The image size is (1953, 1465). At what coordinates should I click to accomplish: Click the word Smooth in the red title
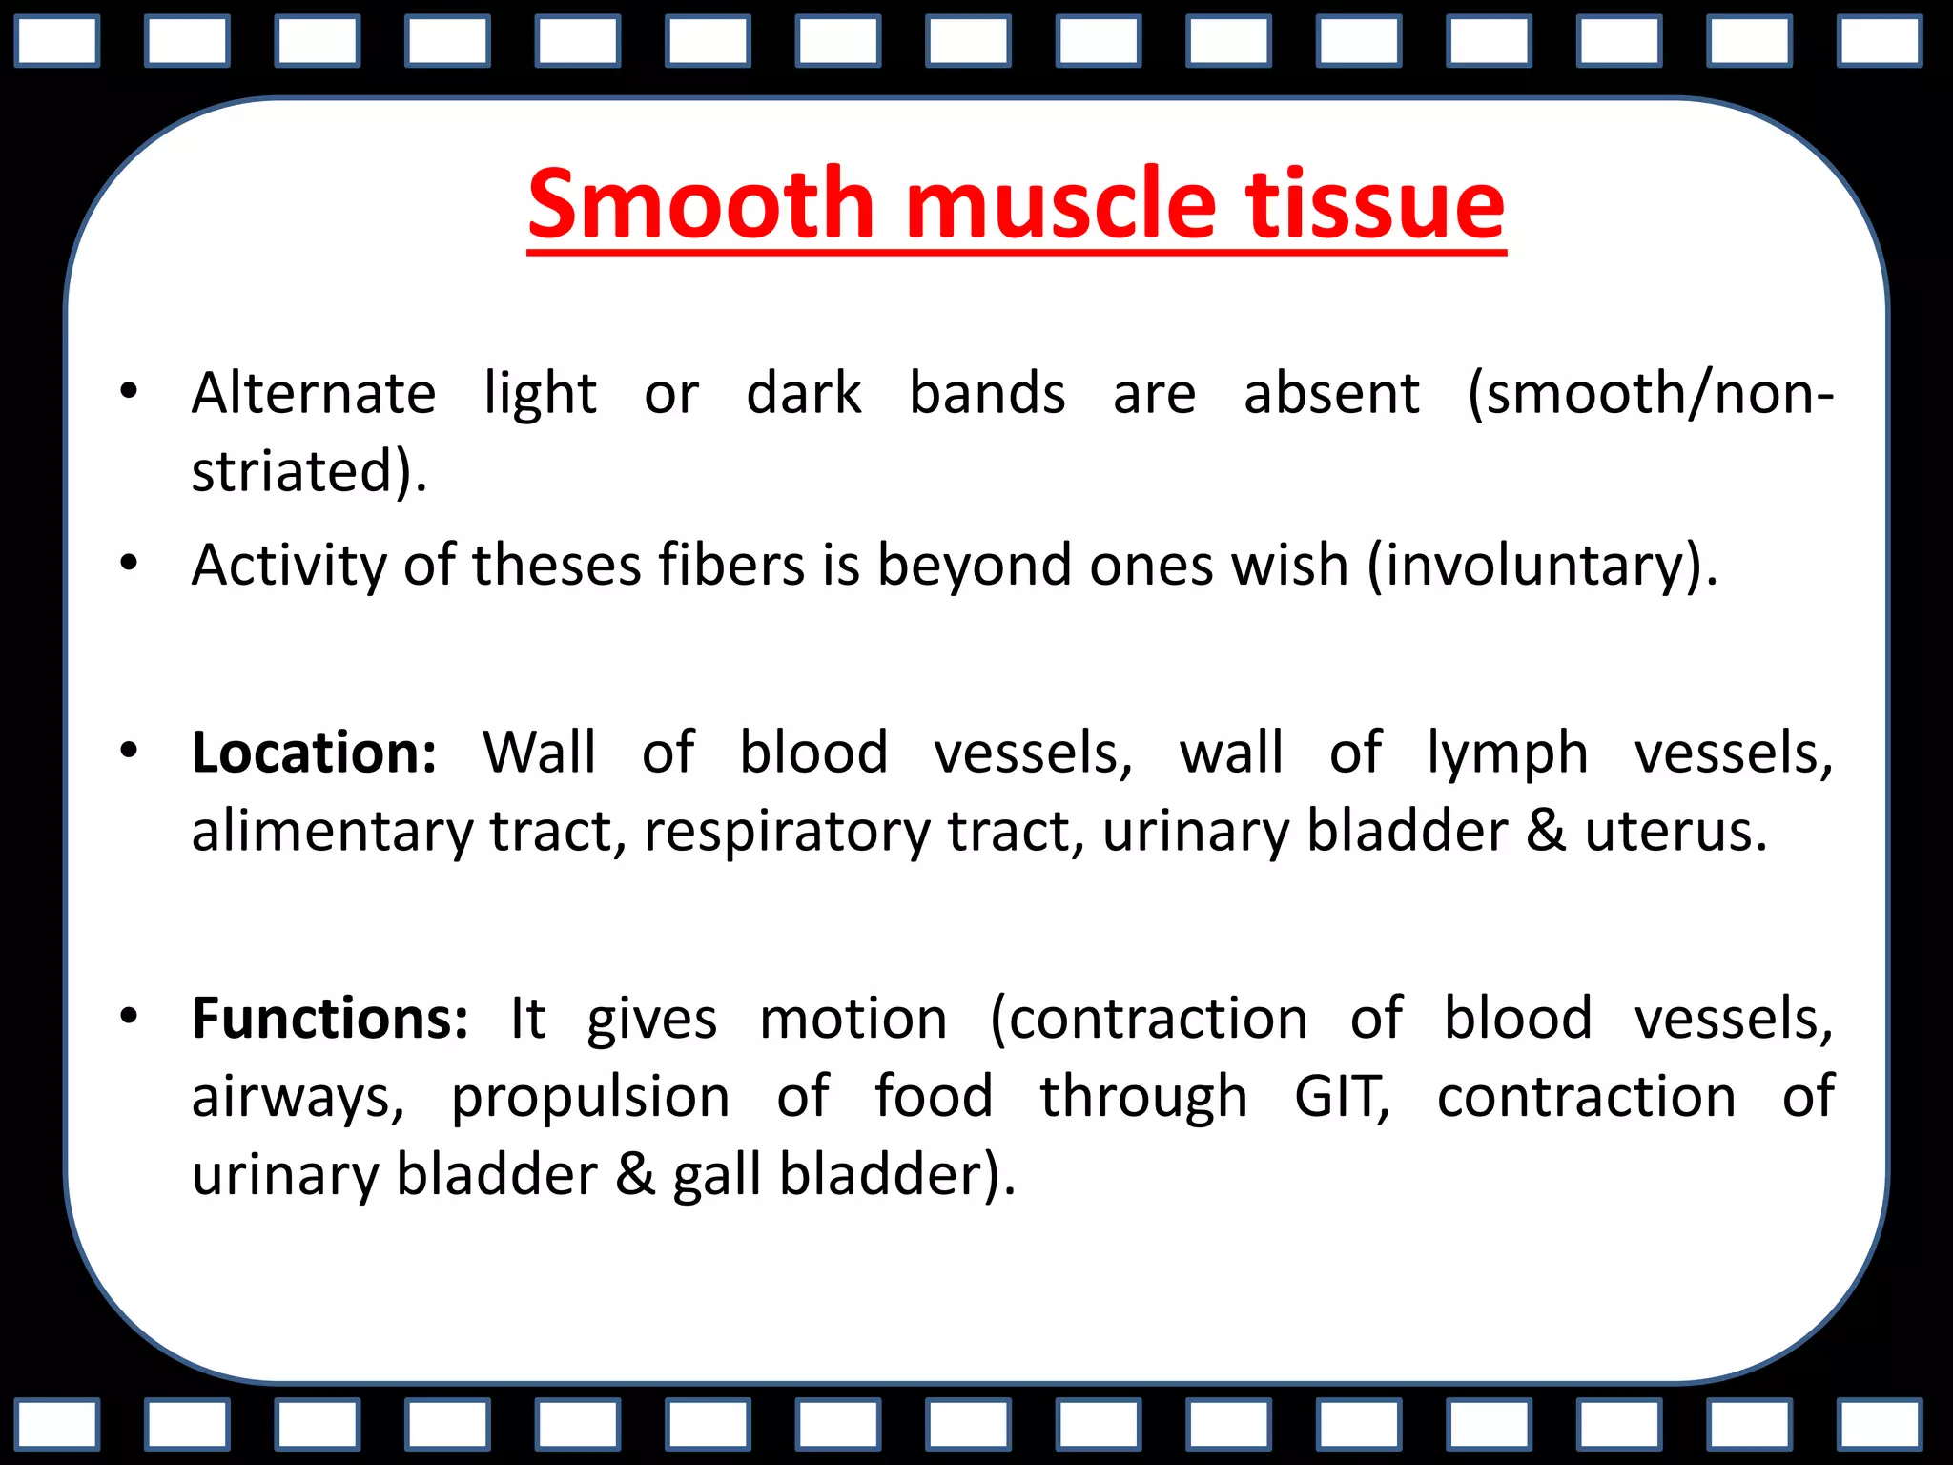click(701, 204)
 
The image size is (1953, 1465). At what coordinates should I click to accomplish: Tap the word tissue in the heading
click(1374, 204)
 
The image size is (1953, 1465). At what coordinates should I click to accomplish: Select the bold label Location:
click(314, 753)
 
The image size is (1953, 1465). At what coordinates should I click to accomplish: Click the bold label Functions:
click(330, 1019)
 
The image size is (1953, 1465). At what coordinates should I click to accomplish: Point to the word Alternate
click(314, 393)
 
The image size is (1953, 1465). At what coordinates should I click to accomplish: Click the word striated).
click(309, 471)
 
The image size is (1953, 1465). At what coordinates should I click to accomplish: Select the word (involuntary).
click(1542, 566)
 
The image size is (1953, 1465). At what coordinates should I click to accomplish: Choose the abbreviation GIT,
click(1342, 1097)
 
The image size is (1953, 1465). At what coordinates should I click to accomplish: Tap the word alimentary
click(332, 832)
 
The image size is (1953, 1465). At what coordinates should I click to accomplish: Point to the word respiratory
click(787, 832)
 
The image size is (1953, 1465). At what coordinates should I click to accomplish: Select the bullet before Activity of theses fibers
click(129, 563)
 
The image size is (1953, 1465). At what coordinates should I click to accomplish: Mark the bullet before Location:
click(129, 751)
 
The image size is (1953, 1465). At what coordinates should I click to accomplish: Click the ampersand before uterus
click(1546, 832)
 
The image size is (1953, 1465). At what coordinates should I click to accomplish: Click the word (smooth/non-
click(1651, 393)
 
